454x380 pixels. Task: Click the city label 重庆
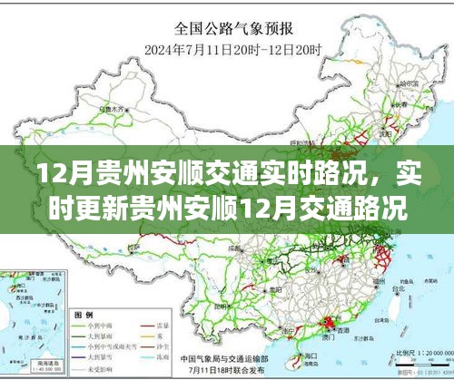[x=272, y=264]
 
